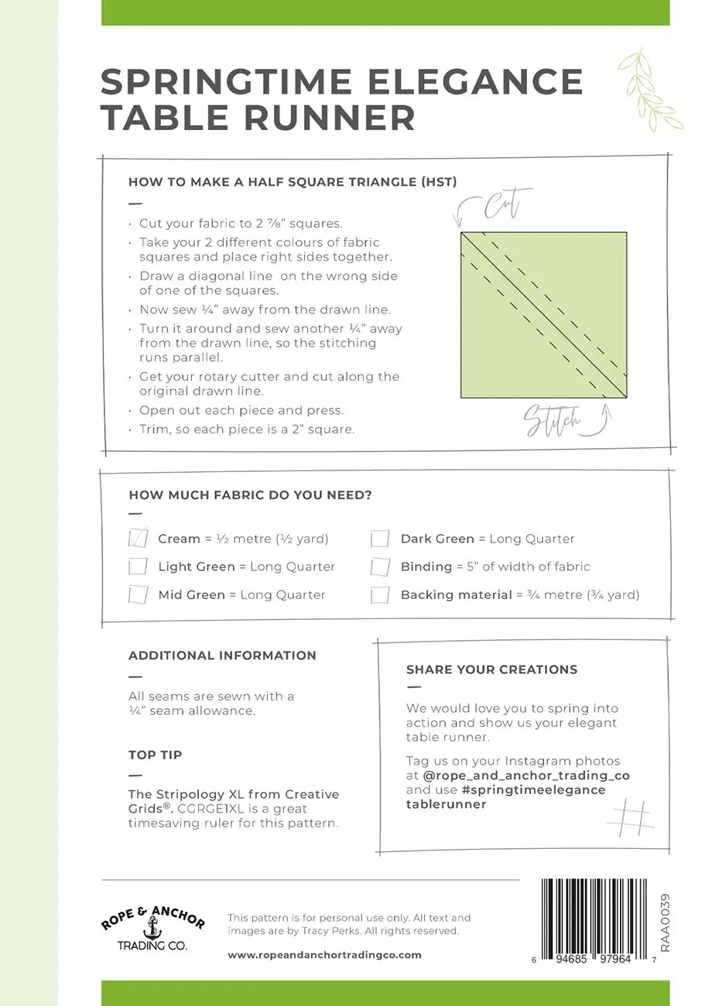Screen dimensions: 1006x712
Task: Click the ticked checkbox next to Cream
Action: pos(138,537)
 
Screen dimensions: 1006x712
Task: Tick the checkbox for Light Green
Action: pos(138,566)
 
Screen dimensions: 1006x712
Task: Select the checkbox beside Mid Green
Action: pos(138,594)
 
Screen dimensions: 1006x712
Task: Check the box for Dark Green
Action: pos(380,538)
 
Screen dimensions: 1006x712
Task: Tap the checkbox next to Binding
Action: pos(380,566)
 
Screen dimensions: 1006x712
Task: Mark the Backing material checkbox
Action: pos(380,594)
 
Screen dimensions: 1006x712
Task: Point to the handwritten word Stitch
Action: pos(552,420)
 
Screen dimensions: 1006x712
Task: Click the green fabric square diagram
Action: pos(543,315)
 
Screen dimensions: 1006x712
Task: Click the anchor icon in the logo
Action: pos(152,925)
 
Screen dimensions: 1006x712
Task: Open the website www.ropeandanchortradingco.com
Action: pos(325,955)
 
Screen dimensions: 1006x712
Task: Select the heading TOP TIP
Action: pos(156,754)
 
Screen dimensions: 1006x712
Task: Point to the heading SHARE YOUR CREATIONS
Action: pos(491,669)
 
